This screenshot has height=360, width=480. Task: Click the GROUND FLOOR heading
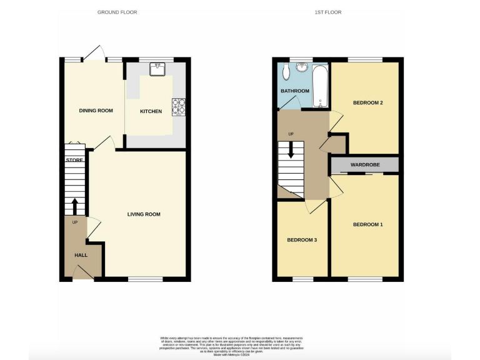click(117, 12)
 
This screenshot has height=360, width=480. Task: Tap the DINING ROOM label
click(96, 111)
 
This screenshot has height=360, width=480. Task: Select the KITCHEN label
click(151, 111)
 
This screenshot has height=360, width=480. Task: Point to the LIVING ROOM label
click(144, 214)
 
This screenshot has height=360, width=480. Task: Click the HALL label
click(81, 255)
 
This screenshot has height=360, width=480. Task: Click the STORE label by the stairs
click(74, 161)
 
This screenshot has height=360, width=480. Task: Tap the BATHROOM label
click(294, 91)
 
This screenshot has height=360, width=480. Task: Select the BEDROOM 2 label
click(367, 102)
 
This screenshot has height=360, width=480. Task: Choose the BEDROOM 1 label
click(367, 224)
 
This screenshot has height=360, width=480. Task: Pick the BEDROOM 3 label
click(302, 240)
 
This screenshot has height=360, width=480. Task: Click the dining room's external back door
click(96, 54)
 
